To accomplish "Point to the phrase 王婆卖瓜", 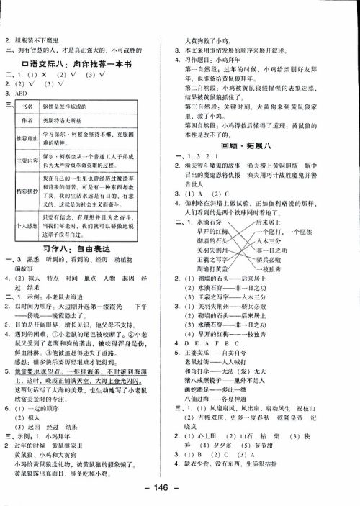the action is pyautogui.click(x=201, y=354).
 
